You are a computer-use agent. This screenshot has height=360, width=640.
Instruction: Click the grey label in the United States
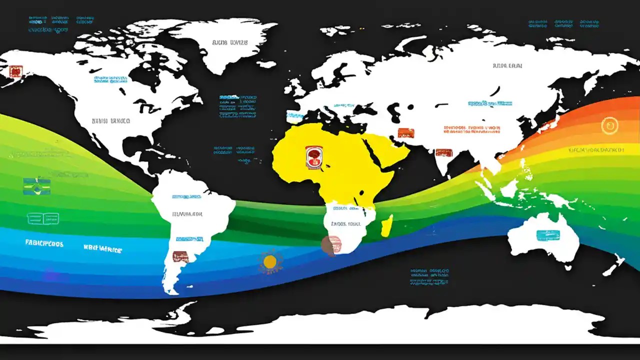111,121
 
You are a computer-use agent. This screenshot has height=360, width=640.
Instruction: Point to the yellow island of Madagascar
387,225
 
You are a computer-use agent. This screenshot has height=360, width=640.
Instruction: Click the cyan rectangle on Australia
547,235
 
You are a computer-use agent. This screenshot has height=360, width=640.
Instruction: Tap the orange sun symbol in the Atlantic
270,261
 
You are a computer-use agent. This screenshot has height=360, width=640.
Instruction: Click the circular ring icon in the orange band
610,125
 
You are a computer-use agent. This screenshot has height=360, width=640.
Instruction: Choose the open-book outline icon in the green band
42,218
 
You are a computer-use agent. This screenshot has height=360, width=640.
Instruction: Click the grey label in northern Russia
507,65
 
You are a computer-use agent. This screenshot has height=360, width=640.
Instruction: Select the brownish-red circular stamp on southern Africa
331,244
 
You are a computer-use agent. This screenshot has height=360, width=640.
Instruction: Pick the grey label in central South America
187,214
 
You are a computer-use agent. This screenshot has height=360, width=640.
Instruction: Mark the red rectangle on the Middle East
406,133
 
